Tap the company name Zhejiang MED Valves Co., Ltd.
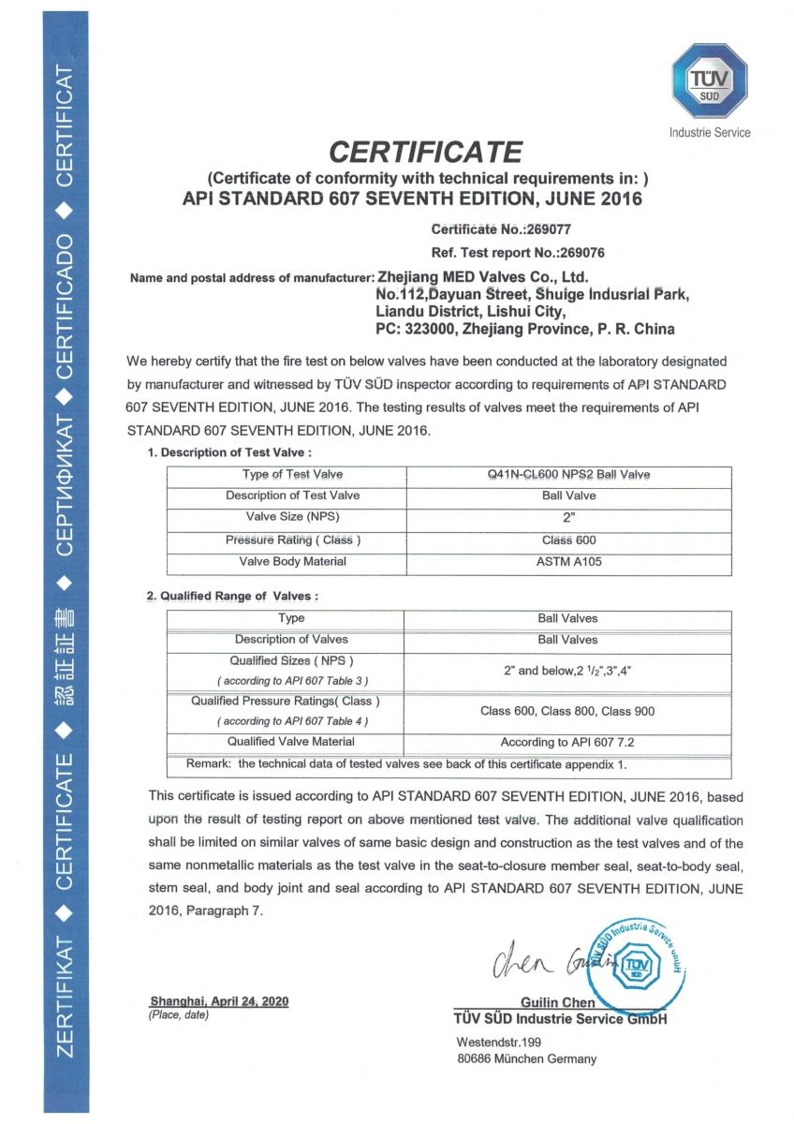[x=481, y=277]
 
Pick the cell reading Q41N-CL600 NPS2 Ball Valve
[x=568, y=475]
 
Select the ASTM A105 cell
[x=568, y=562]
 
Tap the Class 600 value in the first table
[x=568, y=540]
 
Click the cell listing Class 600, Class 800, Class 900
[x=567, y=711]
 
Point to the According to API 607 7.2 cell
[x=567, y=743]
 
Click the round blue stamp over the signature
[x=637, y=964]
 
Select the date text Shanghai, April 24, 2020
[x=218, y=1001]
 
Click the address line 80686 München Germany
[x=525, y=1059]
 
